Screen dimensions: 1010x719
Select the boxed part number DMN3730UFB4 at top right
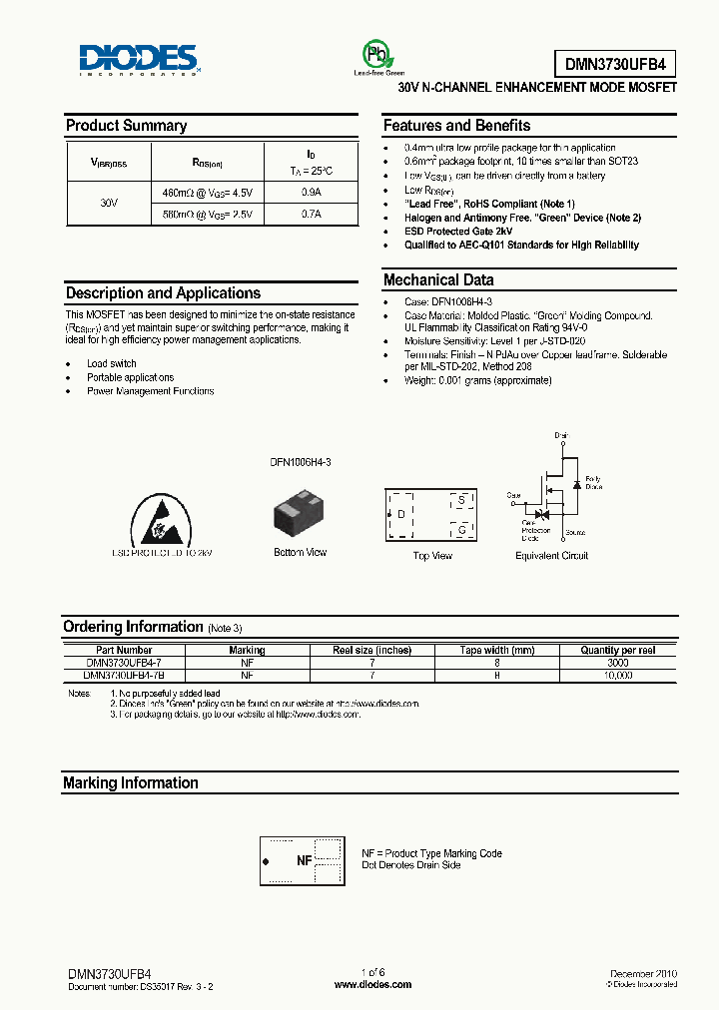point(614,65)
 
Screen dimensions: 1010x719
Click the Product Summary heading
point(126,126)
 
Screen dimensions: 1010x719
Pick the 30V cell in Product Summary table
point(110,203)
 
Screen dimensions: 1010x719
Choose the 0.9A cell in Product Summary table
point(311,192)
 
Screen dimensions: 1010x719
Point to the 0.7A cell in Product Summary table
point(311,214)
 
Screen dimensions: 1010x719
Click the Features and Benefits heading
point(456,126)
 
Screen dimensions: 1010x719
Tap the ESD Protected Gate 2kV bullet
point(459,231)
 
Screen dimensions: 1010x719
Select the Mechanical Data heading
point(438,280)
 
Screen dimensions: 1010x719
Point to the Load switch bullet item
point(111,363)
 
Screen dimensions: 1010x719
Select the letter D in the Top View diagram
point(400,515)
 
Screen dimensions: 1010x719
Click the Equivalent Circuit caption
point(551,556)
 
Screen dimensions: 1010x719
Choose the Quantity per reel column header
point(618,650)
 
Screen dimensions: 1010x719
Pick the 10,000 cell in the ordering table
point(618,676)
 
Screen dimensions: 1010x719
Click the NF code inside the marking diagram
point(304,860)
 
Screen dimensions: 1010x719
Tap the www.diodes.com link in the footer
point(372,984)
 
